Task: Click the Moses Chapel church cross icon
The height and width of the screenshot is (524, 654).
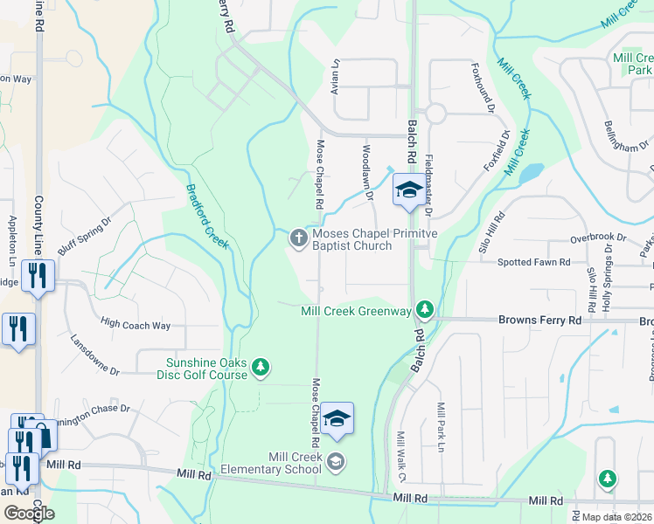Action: (298, 238)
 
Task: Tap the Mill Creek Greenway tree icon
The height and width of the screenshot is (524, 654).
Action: (424, 310)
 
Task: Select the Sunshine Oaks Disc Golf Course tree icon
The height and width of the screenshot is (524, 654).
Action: (260, 369)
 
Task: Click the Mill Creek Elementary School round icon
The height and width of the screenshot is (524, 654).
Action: (336, 463)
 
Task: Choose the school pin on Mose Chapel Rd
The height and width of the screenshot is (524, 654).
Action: (336, 419)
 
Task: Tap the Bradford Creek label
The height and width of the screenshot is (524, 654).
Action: (206, 217)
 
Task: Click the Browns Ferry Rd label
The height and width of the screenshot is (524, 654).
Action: (539, 321)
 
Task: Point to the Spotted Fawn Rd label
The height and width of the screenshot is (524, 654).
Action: (533, 262)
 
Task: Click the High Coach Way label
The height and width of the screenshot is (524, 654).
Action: (136, 325)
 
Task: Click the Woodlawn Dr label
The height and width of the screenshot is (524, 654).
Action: (367, 170)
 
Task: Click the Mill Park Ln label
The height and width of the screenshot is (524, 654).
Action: (442, 422)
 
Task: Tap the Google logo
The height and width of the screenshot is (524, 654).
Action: (29, 513)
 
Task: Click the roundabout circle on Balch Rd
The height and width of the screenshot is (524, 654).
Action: (435, 114)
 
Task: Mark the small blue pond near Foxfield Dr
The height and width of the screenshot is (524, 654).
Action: (531, 173)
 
